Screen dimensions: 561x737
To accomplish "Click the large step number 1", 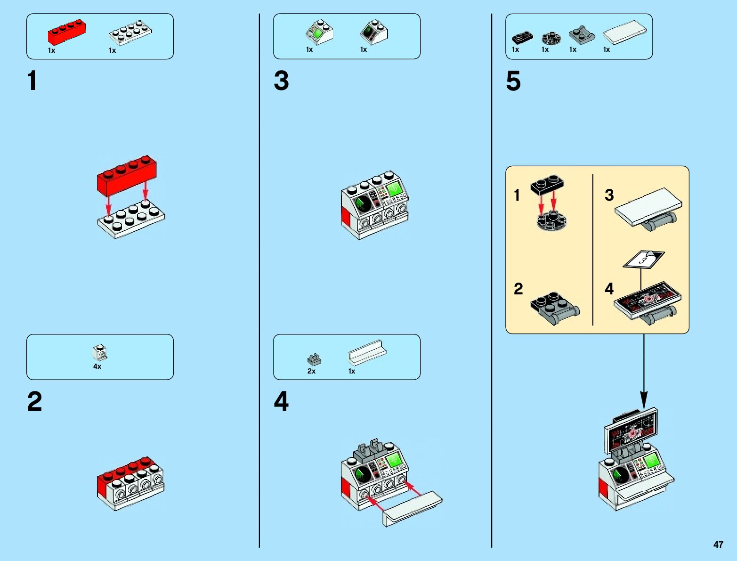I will click(32, 81).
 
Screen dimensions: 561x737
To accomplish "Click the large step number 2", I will click(34, 401).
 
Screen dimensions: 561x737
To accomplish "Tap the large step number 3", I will click(281, 81).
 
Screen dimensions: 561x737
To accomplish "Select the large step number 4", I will click(281, 401).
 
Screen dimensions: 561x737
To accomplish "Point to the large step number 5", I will click(513, 81).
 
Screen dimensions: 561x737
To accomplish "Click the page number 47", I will click(718, 545).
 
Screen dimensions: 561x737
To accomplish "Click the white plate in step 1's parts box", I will click(130, 33).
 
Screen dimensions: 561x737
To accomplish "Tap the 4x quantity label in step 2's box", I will click(97, 366).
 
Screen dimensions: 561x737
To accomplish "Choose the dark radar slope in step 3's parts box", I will click(374, 32).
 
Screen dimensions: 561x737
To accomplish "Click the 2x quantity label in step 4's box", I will click(311, 371).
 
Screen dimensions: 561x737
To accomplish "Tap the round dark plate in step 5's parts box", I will click(551, 37).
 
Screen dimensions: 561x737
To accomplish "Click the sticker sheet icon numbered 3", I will click(643, 259).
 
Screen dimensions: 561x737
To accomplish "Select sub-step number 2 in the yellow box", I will click(518, 289).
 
